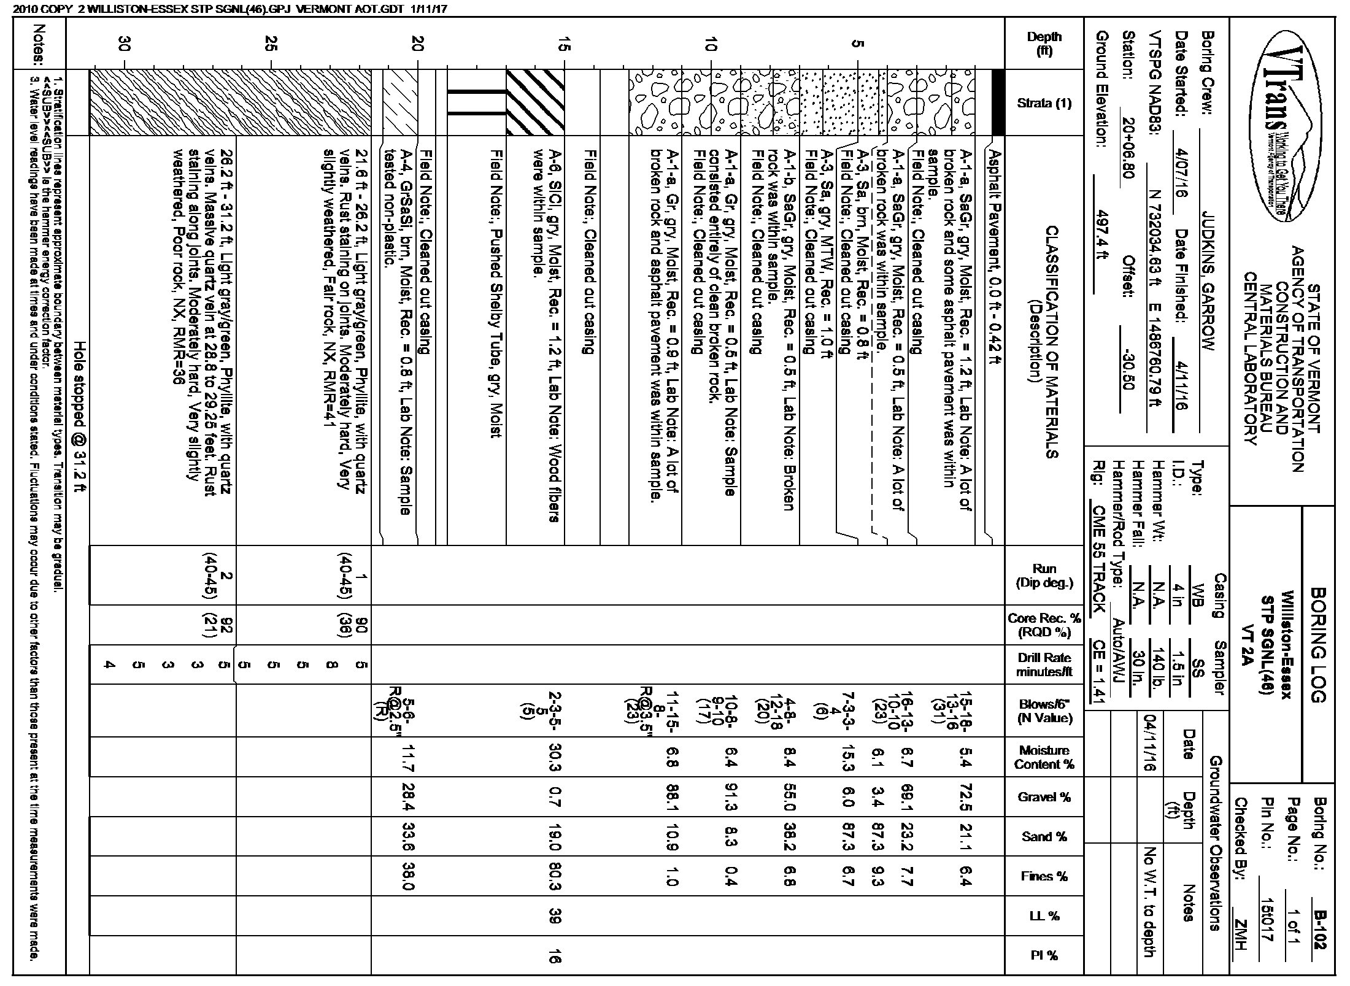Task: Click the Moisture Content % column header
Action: click(x=1044, y=757)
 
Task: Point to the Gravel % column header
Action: click(x=1044, y=797)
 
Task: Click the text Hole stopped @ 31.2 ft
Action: click(x=79, y=417)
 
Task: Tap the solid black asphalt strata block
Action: click(x=998, y=102)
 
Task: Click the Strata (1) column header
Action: click(x=1044, y=103)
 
